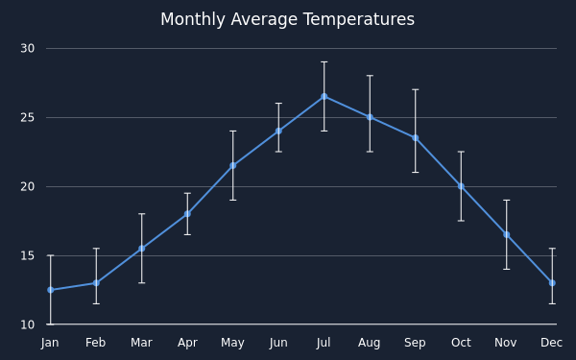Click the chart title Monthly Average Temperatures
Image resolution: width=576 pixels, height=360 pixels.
(x=287, y=19)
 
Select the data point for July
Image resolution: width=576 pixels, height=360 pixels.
(x=324, y=97)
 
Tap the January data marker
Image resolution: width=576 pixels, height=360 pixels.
(x=51, y=290)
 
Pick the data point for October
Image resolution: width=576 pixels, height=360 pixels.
(x=461, y=186)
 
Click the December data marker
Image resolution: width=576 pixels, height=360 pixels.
(x=552, y=283)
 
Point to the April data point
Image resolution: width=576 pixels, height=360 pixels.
(x=187, y=214)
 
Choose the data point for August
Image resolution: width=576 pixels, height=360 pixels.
(x=370, y=117)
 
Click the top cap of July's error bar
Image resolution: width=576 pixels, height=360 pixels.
(x=324, y=62)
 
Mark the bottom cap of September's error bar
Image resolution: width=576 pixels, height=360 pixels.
(x=415, y=172)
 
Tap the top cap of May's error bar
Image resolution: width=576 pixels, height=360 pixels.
(x=233, y=132)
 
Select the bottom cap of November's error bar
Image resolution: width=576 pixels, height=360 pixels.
(x=507, y=269)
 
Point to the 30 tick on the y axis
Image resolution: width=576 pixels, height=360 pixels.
(x=28, y=49)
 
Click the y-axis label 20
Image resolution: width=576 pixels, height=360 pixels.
(x=28, y=186)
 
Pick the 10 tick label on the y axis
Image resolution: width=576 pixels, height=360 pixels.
(x=28, y=324)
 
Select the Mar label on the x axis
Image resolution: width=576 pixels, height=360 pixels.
(x=141, y=343)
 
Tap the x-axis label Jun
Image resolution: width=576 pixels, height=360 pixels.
(x=278, y=343)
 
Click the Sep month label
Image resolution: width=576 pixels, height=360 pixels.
(x=415, y=343)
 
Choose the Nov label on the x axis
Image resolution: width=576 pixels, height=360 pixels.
(x=506, y=343)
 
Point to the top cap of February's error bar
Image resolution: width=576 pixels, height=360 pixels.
(x=96, y=249)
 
